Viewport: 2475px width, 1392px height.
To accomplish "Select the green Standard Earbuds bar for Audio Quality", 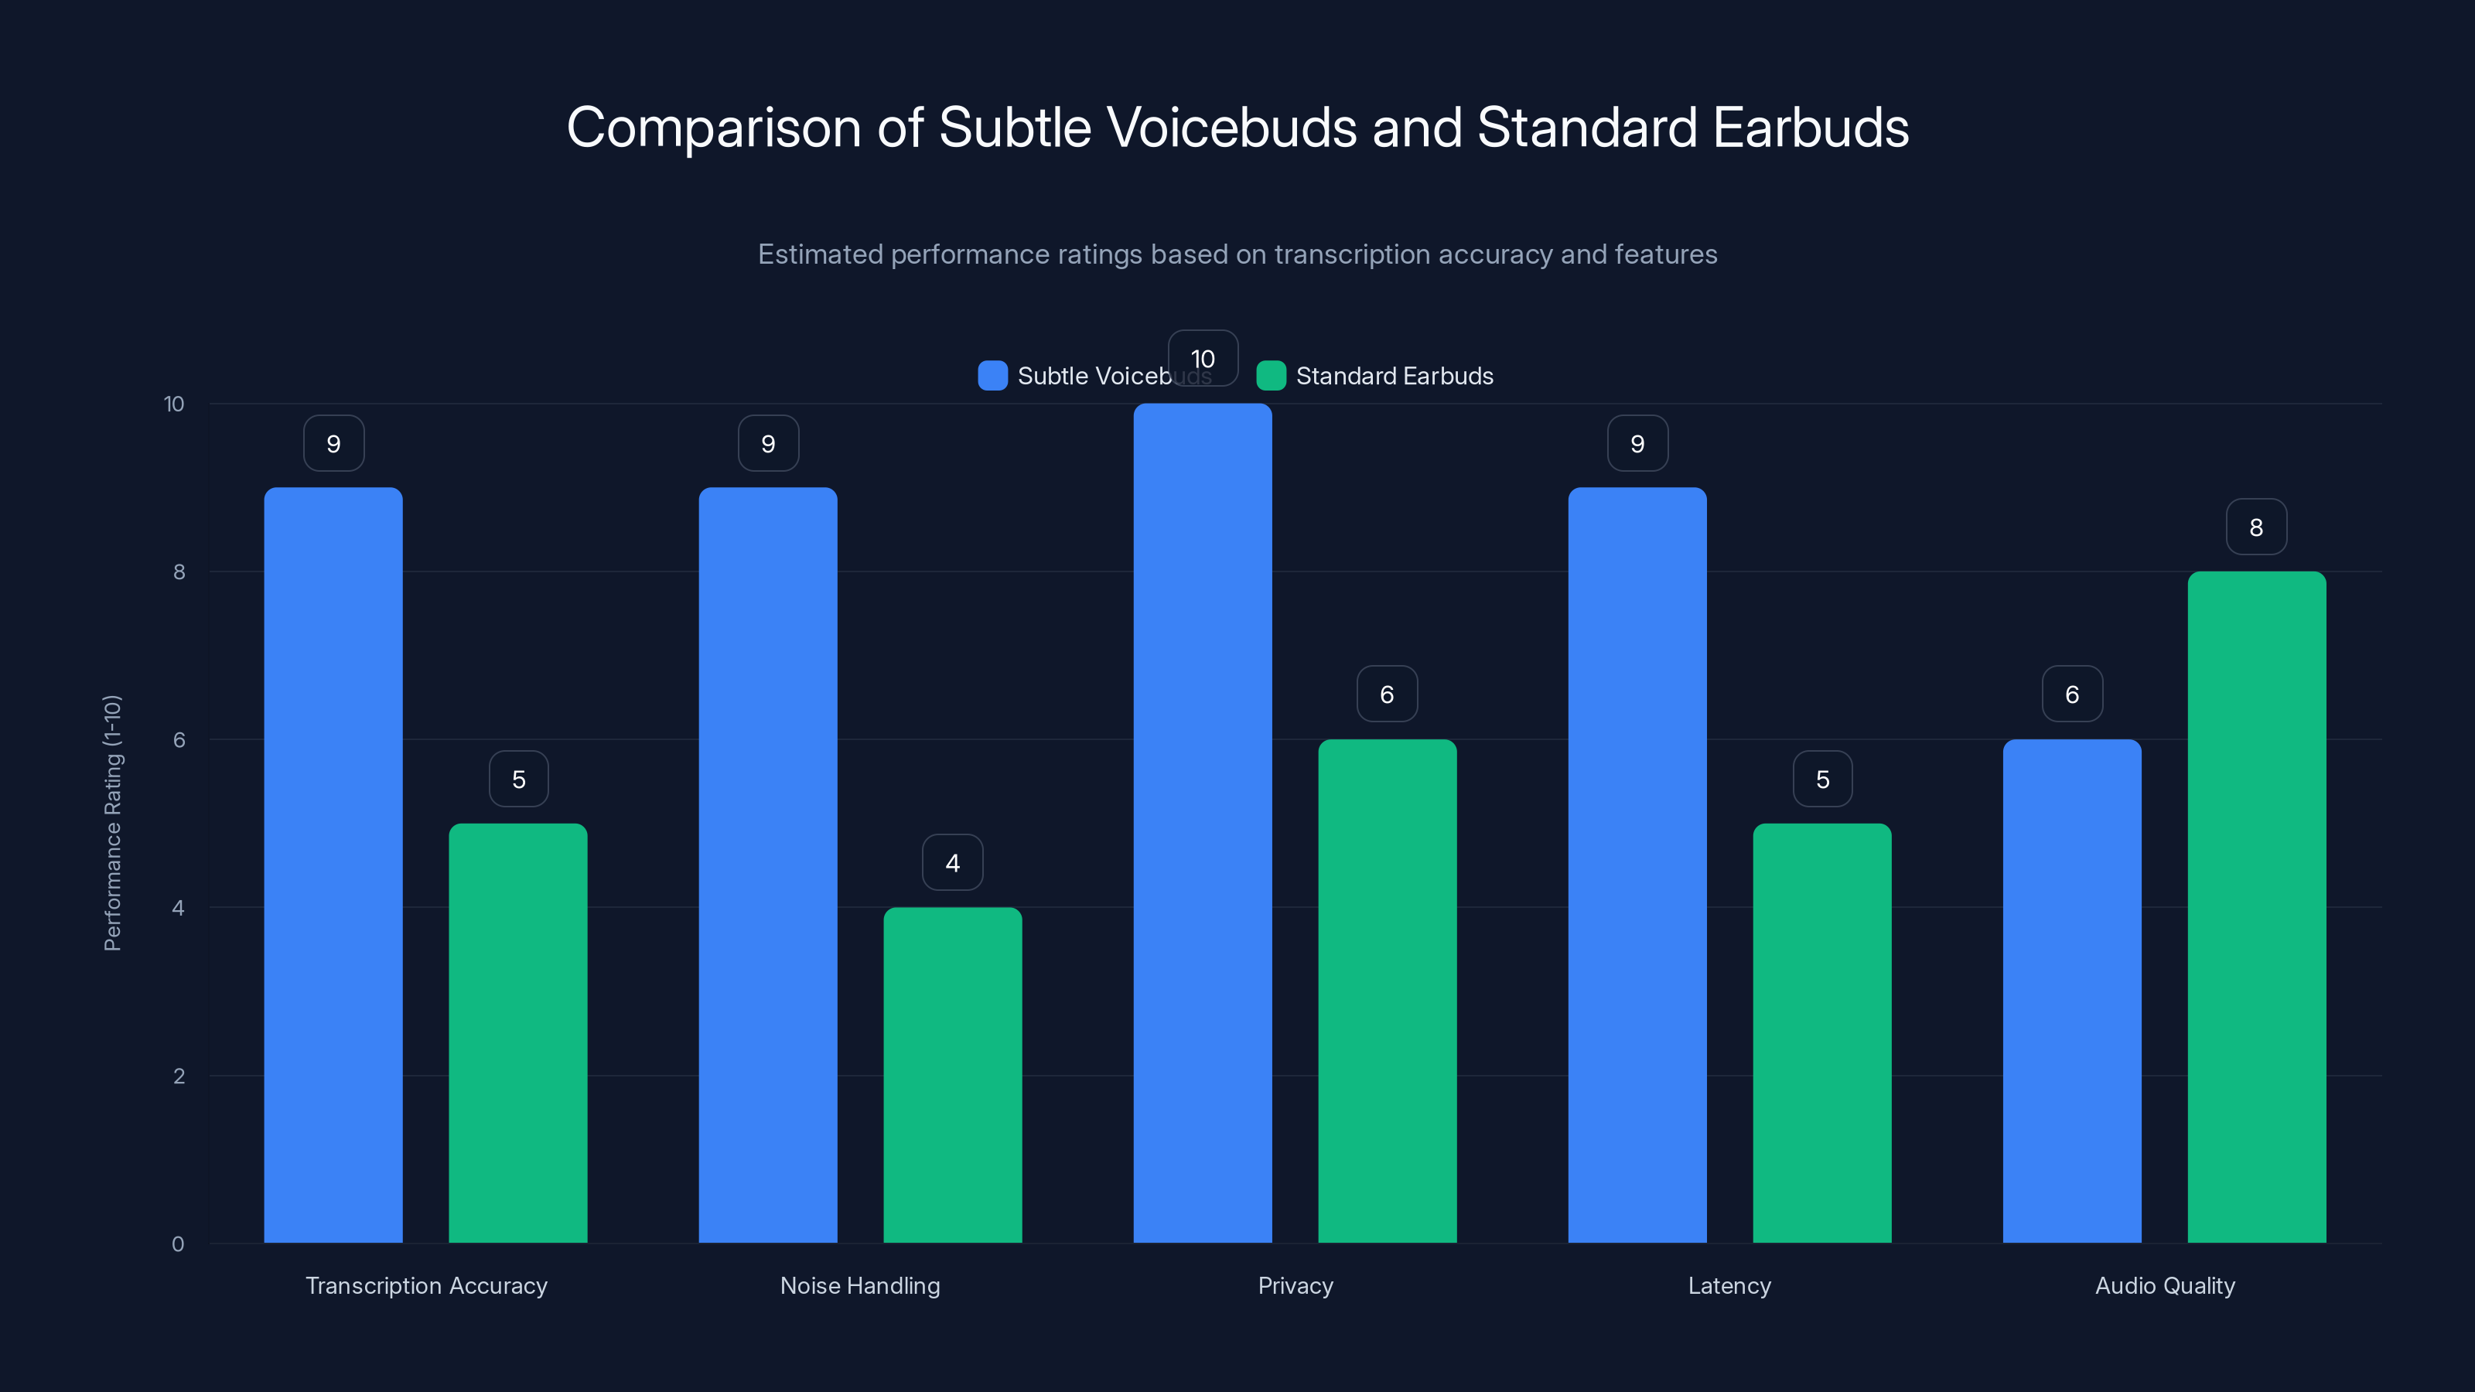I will [2256, 907].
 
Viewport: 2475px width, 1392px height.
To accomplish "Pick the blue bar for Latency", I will [1637, 865].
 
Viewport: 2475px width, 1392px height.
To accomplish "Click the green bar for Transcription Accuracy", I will [518, 1032].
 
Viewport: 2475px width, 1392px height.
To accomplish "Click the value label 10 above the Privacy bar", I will [1202, 358].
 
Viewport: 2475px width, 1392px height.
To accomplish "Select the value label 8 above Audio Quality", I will [2256, 527].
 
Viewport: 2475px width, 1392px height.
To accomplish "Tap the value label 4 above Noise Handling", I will [952, 863].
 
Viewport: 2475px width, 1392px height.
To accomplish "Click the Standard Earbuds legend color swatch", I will [1270, 376].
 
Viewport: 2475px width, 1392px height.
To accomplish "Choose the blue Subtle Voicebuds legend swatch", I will [992, 376].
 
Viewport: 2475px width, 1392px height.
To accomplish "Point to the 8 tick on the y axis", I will [179, 571].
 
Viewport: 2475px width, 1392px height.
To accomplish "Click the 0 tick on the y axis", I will [178, 1244].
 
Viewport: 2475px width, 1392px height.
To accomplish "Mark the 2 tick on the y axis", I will [179, 1076].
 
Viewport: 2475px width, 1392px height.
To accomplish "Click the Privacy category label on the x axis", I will [1296, 1285].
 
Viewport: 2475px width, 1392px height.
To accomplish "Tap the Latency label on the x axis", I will [1729, 1285].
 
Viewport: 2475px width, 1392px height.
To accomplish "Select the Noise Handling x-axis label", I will [860, 1285].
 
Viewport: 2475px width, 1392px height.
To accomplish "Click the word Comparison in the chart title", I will [713, 128].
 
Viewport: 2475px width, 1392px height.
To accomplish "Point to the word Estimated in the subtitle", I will [820, 254].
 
